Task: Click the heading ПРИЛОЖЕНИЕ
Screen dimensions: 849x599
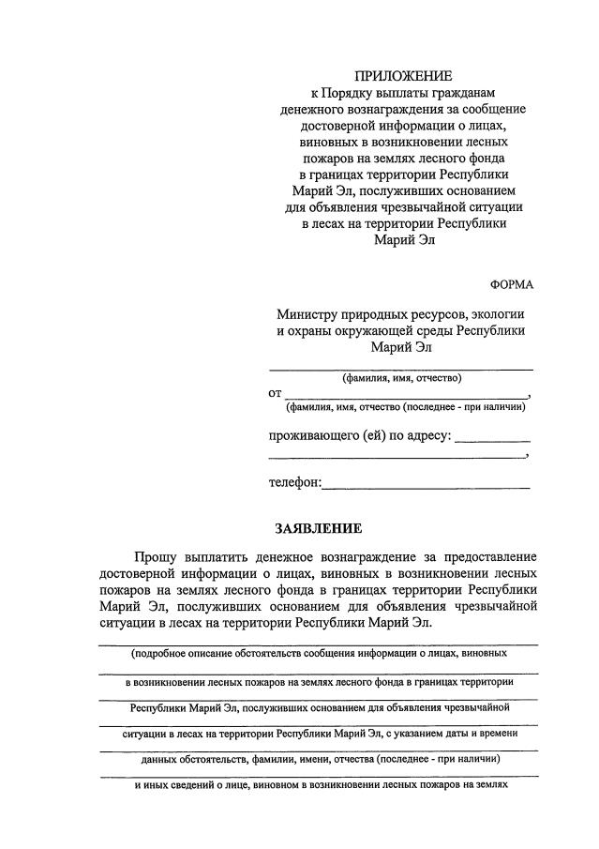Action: point(402,75)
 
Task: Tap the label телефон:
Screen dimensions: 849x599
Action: point(294,483)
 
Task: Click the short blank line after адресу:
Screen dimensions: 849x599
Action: point(493,440)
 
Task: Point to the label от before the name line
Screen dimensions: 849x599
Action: point(275,393)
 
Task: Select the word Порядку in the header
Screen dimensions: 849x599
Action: point(352,92)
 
